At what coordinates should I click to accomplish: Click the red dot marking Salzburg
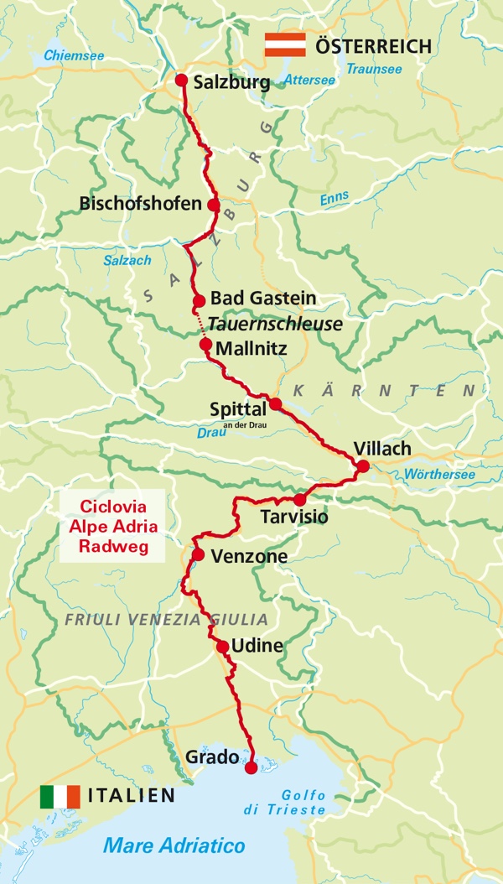[180, 80]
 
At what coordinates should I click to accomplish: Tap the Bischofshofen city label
[141, 204]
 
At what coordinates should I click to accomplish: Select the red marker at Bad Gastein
[199, 301]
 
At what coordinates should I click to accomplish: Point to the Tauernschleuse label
[276, 324]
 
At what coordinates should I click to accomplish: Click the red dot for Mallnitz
[205, 344]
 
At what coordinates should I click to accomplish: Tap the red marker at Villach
[362, 466]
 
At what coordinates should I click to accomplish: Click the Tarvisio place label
[294, 517]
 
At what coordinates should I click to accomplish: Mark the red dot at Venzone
[198, 554]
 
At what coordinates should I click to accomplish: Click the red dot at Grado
[250, 767]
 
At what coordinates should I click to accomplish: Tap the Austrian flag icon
[285, 44]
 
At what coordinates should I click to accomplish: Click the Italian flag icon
[60, 796]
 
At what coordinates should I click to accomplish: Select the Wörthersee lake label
[439, 475]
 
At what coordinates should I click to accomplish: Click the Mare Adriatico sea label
[174, 845]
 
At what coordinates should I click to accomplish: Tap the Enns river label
[334, 200]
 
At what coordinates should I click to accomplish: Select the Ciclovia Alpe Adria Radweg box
[112, 527]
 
